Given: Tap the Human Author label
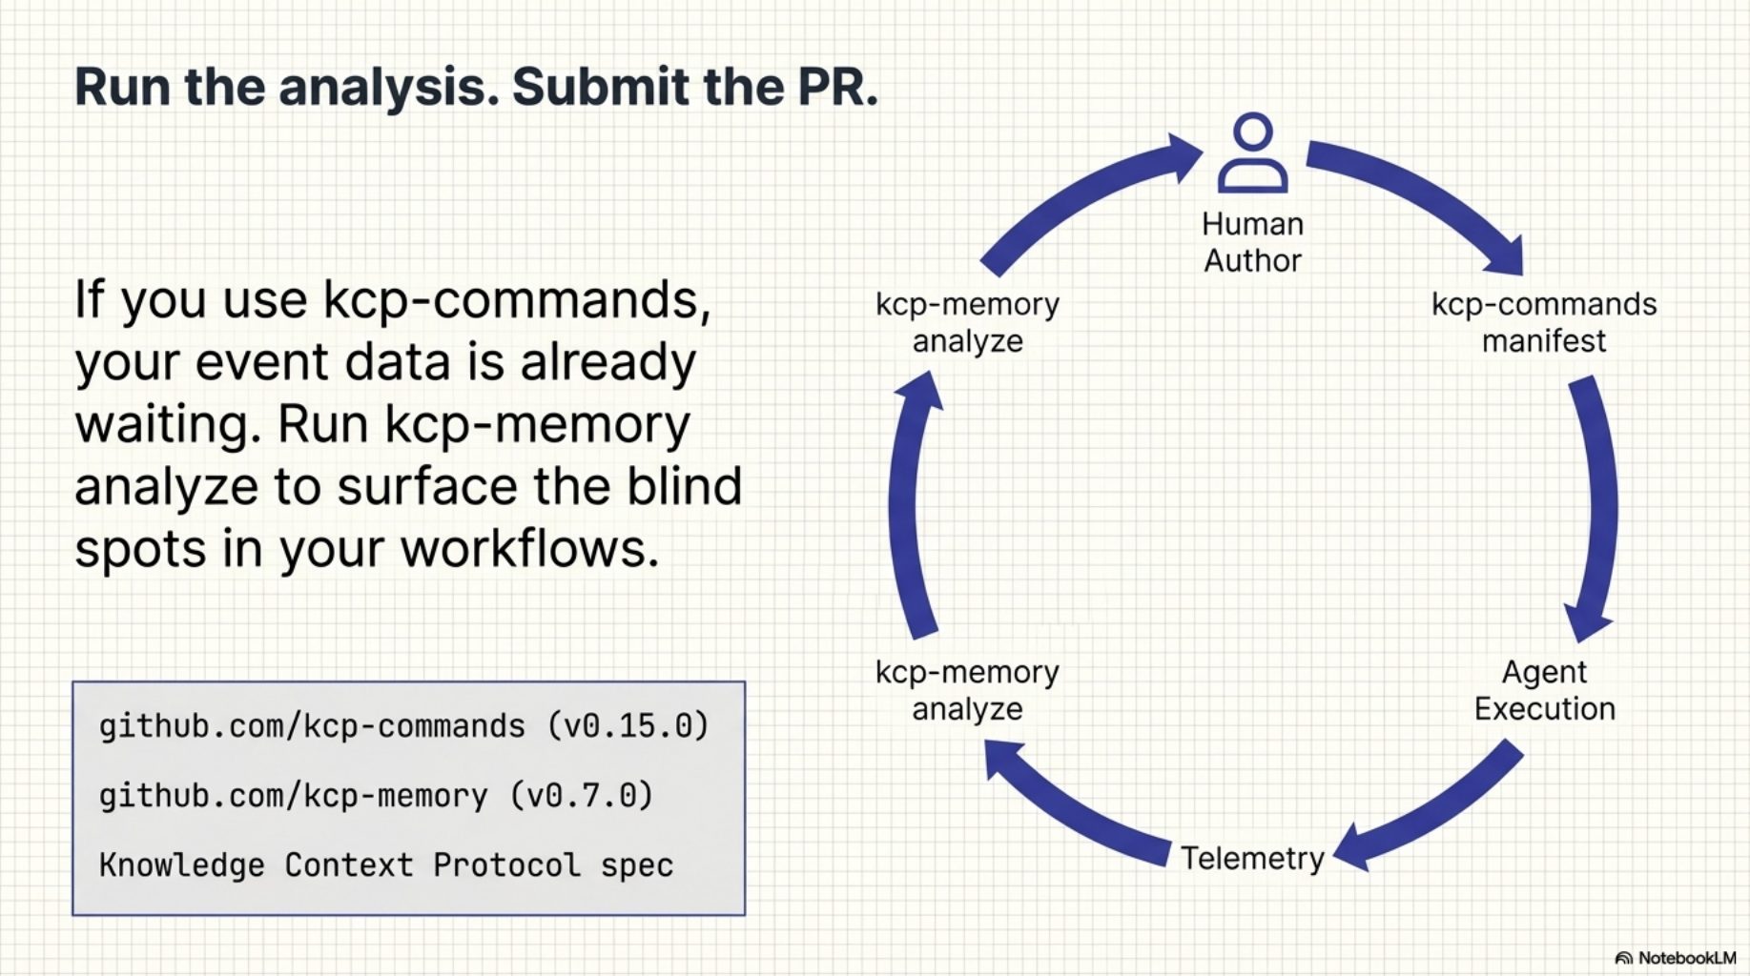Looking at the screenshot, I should (x=1252, y=242).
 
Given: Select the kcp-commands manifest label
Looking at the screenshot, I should (x=1543, y=322).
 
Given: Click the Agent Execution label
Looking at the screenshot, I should (x=1544, y=690).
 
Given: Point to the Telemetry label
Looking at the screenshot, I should (x=1252, y=858).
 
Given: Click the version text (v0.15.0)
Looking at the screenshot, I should (x=629, y=726).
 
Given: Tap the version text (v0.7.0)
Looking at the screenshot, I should (x=582, y=796).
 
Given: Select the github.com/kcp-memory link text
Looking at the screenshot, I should (x=293, y=796).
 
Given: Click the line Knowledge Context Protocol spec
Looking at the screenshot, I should (x=386, y=865).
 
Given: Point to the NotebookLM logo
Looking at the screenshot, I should (x=1676, y=958).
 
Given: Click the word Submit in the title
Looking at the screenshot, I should (x=601, y=87).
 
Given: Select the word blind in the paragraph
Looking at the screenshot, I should (x=684, y=486).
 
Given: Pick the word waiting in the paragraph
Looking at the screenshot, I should (x=168, y=424).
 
